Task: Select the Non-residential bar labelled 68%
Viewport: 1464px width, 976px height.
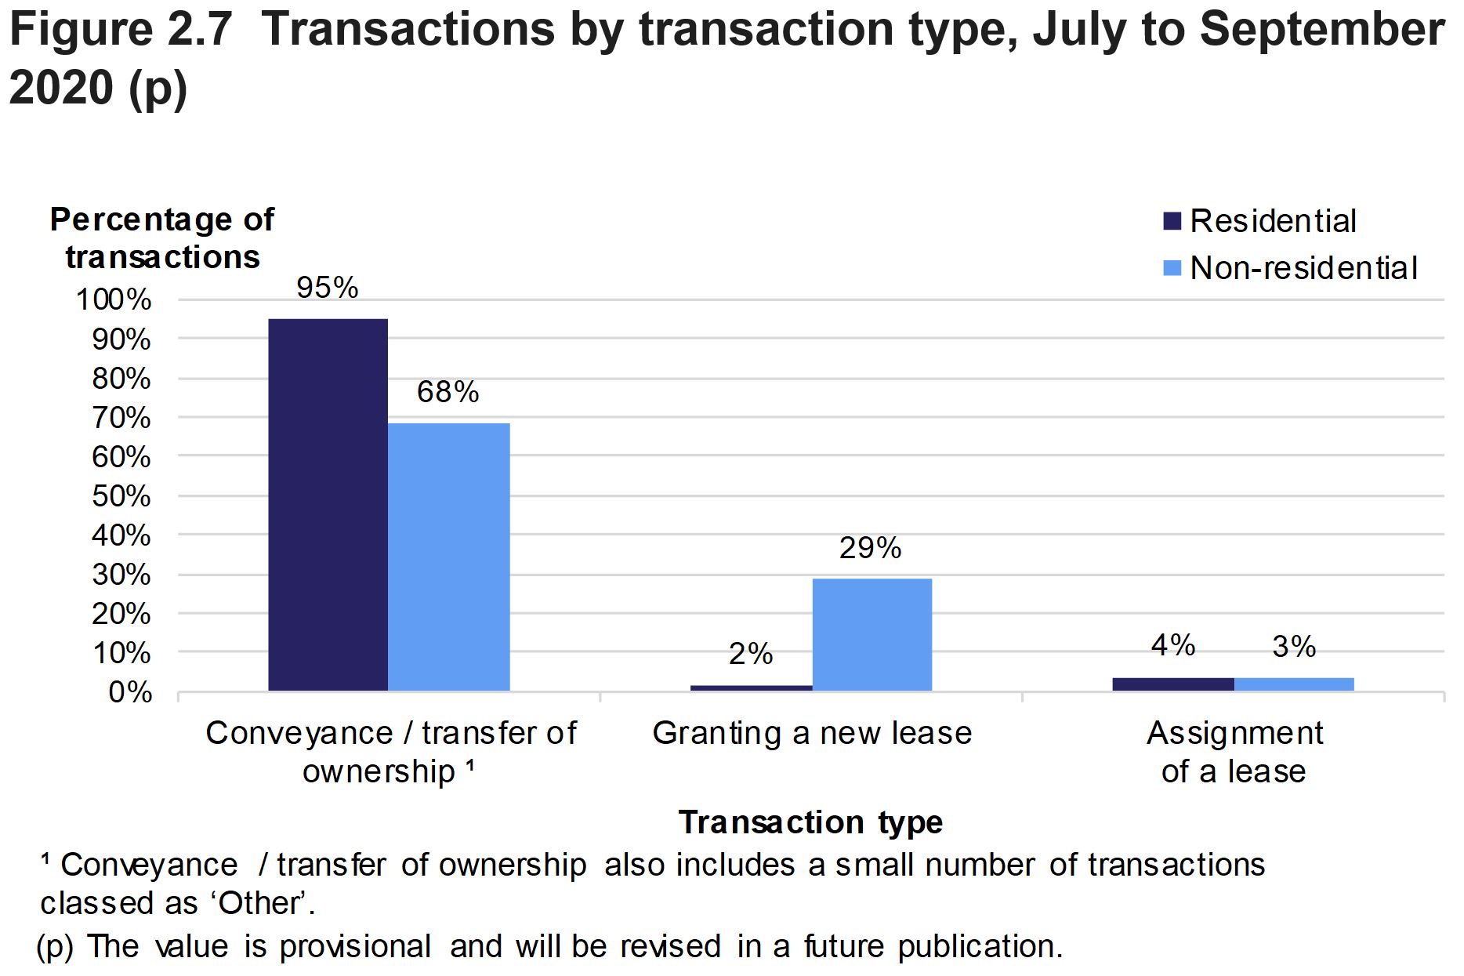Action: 449,557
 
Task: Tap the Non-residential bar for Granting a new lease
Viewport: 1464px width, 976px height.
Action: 872,634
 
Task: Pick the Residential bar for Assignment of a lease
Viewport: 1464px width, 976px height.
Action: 1172,684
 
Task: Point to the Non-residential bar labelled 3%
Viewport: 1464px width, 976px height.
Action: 1294,684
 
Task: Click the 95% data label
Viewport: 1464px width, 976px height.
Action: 328,288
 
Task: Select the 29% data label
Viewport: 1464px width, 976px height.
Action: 870,548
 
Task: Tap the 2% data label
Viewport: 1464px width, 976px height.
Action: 751,654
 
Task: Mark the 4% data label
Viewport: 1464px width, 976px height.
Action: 1172,645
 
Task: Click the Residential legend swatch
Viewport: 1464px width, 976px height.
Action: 1172,221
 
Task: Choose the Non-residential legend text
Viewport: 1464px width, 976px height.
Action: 1303,268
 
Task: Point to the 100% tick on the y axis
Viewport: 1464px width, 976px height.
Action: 114,299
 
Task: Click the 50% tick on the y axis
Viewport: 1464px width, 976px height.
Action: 121,495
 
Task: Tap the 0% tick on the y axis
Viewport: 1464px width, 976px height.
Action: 130,692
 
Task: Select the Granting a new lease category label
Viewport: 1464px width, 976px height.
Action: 812,734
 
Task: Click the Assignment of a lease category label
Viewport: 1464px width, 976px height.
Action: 1234,752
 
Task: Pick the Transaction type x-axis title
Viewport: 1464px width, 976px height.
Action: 810,822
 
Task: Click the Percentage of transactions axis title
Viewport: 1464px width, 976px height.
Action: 162,238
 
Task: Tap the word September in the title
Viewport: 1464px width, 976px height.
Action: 1321,30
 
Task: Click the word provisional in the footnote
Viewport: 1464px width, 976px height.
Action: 355,946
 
